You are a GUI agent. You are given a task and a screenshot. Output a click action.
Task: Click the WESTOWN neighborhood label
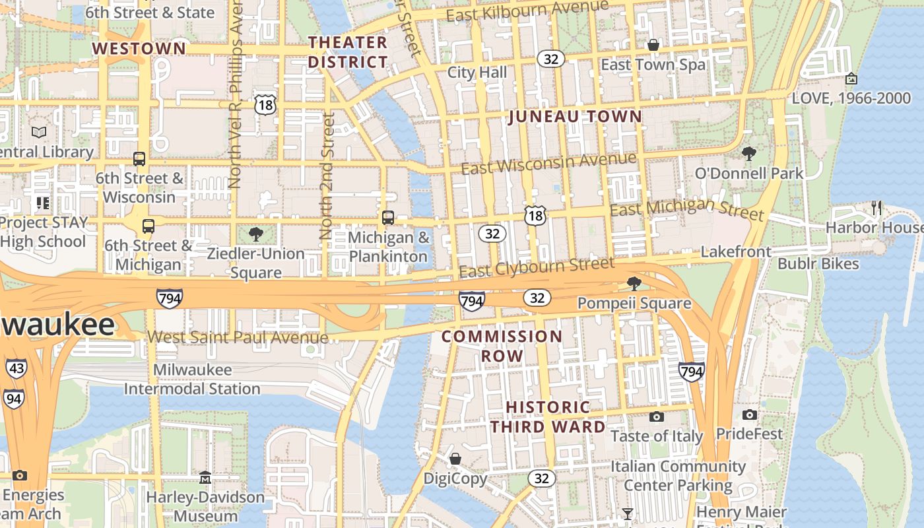139,49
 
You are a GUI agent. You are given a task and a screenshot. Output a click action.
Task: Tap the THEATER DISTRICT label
348,52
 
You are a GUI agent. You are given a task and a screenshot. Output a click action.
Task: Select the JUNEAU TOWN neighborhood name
575,117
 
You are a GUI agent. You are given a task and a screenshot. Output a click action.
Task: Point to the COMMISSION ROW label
502,346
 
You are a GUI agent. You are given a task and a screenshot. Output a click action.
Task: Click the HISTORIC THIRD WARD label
548,416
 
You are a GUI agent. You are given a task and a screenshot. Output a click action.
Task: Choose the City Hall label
477,73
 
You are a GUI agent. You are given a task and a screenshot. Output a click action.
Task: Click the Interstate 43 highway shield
16,369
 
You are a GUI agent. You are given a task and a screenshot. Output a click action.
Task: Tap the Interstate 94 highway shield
13,399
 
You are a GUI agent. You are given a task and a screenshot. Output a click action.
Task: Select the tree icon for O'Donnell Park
748,154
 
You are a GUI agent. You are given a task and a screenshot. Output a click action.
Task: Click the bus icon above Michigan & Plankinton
388,217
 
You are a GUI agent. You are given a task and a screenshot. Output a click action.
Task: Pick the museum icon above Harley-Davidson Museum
205,477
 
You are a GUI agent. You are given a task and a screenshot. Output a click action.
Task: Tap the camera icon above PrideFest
749,414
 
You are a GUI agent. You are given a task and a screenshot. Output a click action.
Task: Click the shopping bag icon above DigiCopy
455,458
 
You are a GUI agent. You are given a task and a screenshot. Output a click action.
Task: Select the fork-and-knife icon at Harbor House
876,208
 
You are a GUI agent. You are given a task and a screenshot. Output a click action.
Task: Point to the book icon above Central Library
39,132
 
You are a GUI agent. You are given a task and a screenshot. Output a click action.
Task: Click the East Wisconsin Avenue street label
548,163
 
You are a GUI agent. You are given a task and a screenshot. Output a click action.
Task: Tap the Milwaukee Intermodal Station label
192,379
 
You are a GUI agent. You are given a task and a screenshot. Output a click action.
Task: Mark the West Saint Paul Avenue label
238,337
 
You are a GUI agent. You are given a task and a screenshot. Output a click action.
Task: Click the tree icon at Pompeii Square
634,284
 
